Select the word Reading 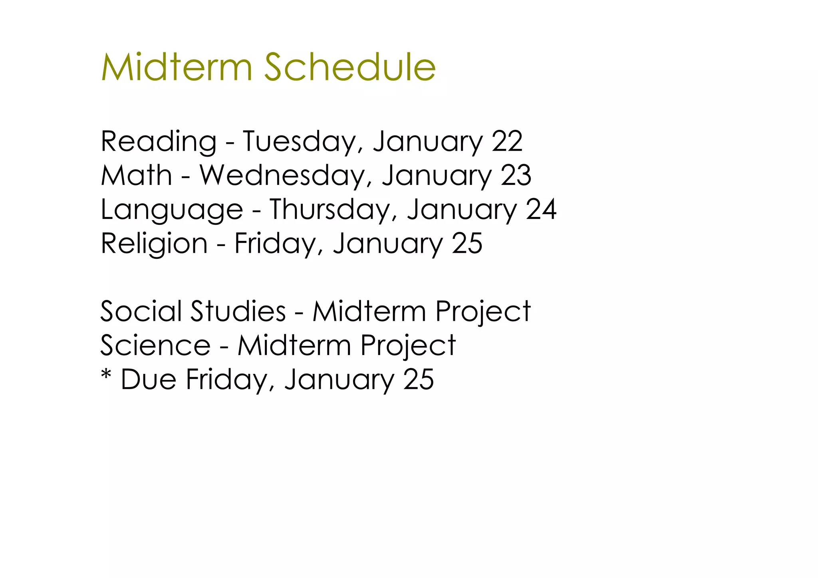click(159, 142)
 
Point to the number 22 click(507, 141)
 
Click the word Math click(136, 176)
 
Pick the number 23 click(516, 176)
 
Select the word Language click(172, 210)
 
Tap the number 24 click(541, 210)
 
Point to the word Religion click(154, 244)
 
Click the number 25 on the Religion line click(467, 244)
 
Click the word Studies click(238, 311)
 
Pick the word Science click(155, 346)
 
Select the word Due click(148, 379)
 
